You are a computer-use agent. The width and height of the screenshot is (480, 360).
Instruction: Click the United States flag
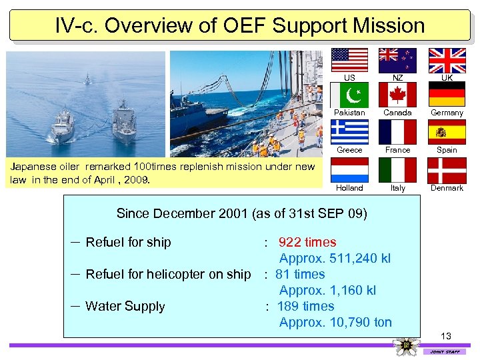tap(350, 60)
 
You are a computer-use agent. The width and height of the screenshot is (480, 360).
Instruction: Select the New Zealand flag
tap(397, 60)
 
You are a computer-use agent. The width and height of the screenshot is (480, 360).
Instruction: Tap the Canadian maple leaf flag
tap(397, 95)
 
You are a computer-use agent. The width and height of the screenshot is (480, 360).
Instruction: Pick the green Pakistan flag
tap(350, 95)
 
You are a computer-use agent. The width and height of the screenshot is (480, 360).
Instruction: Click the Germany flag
tap(447, 95)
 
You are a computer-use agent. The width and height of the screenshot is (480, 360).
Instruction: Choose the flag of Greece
tap(350, 132)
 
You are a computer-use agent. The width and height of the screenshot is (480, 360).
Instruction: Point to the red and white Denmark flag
tap(447, 169)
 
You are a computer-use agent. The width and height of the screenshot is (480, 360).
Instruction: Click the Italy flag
tap(397, 169)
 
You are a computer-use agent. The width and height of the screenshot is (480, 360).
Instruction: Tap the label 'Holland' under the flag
tap(349, 188)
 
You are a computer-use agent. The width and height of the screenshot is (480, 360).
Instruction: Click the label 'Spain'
tap(447, 150)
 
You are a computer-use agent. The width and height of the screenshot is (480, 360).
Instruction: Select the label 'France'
tap(397, 150)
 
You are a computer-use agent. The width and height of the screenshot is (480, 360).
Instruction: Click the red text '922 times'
tap(307, 242)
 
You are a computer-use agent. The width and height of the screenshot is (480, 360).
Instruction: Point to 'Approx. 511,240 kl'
tap(335, 258)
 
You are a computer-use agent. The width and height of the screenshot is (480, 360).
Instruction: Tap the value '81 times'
tap(300, 274)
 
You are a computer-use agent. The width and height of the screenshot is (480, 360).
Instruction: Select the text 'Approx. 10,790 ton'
tap(335, 323)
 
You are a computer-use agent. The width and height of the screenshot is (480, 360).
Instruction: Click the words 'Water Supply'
tap(125, 307)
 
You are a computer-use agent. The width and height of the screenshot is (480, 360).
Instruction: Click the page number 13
tap(446, 335)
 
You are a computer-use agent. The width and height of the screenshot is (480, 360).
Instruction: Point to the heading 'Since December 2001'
tap(183, 213)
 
